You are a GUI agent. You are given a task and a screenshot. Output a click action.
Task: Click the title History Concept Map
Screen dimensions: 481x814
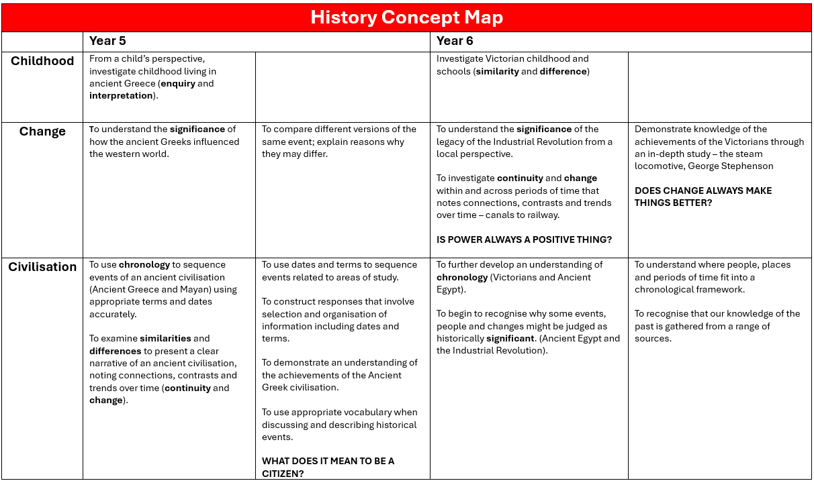click(406, 17)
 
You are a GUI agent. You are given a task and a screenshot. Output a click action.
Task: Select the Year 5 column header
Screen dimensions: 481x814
click(107, 42)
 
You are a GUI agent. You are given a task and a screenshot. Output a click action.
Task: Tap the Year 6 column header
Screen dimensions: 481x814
click(455, 42)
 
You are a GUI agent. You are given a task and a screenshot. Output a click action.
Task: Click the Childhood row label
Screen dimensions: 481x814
click(42, 61)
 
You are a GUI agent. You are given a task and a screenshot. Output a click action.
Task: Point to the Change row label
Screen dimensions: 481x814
click(42, 131)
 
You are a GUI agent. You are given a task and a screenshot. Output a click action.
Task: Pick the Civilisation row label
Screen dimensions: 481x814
click(42, 267)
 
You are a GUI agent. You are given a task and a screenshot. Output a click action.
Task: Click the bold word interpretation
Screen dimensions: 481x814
click(121, 96)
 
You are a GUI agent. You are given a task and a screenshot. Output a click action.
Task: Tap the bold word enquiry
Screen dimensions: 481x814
click(178, 84)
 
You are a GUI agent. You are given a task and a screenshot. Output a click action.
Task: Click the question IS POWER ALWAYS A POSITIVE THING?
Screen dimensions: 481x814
click(524, 240)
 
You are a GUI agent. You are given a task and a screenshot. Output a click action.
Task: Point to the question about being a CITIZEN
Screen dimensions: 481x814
click(328, 468)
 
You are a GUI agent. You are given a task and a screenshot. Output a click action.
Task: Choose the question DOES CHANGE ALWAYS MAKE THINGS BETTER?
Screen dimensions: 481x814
click(703, 197)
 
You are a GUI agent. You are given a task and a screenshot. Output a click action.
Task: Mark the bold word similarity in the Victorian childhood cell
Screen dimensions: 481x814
click(498, 71)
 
